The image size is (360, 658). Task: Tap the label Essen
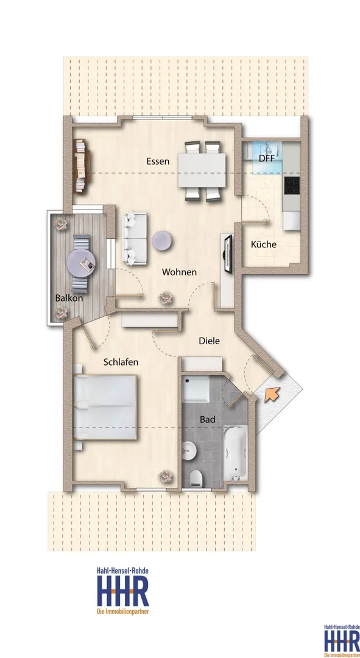tap(158, 161)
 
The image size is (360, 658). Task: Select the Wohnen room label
tap(179, 272)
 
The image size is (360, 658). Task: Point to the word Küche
tap(264, 244)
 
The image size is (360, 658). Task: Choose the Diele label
tap(209, 341)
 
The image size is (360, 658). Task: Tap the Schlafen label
tap(121, 362)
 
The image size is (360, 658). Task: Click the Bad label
tap(207, 419)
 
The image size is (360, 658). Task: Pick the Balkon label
tap(69, 299)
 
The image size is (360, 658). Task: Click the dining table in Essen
tap(202, 170)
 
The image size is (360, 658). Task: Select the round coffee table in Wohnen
tap(163, 241)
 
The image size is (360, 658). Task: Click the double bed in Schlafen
tap(105, 407)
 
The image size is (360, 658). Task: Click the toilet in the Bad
tap(196, 478)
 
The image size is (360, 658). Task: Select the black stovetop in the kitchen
tap(292, 185)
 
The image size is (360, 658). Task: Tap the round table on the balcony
tap(81, 264)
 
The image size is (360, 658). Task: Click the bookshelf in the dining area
tap(82, 166)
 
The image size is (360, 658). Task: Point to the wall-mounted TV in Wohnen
tap(228, 254)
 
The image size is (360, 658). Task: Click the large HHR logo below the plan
tap(123, 591)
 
